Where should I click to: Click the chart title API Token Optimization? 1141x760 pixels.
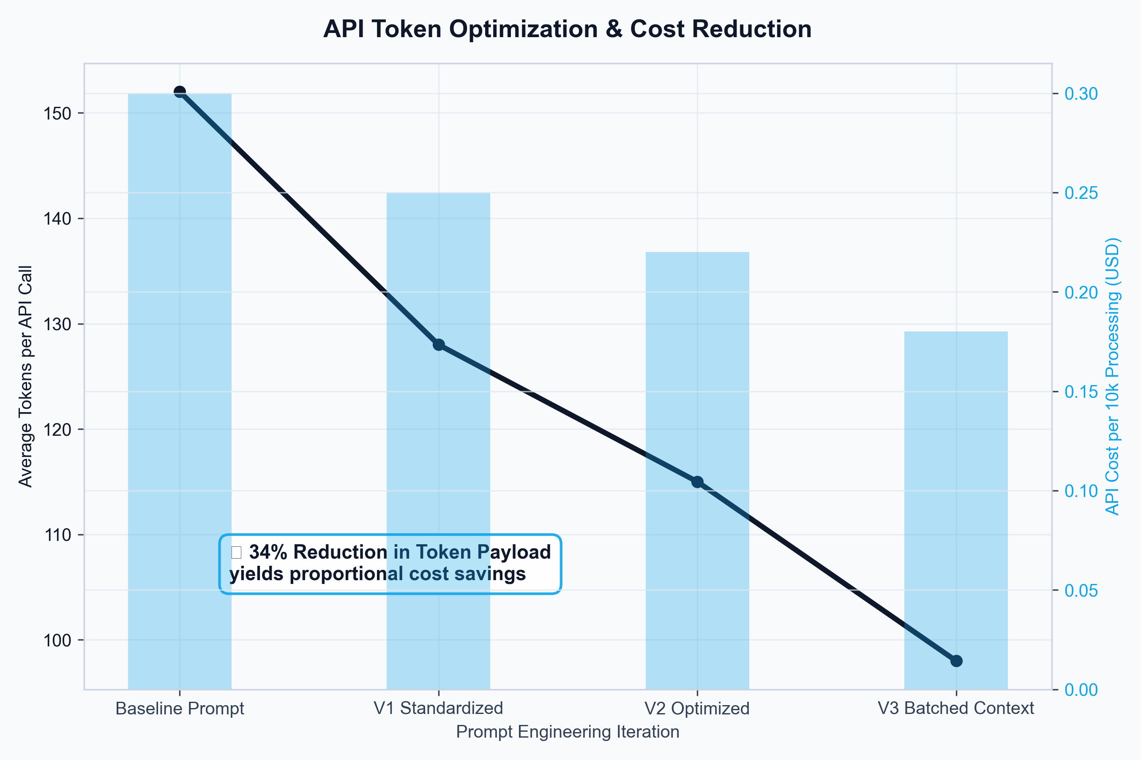point(567,29)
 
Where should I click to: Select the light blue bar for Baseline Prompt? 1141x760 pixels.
point(180,388)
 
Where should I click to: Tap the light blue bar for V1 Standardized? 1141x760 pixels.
point(438,436)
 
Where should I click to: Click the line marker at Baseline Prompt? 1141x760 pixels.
point(180,92)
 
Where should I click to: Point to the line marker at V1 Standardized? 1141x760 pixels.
point(439,345)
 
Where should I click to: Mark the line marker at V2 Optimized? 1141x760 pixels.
point(697,482)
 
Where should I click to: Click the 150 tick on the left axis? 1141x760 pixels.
point(57,114)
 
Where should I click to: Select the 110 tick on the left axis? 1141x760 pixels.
point(57,535)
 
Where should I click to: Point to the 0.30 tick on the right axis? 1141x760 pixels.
point(1081,94)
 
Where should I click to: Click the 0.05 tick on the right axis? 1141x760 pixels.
point(1081,591)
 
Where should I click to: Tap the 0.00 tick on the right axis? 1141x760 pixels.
point(1081,690)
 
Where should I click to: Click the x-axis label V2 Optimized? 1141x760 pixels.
point(697,708)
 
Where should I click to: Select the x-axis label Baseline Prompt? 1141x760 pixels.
point(180,708)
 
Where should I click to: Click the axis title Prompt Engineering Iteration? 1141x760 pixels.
point(568,732)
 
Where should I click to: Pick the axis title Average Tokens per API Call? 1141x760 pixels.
point(25,376)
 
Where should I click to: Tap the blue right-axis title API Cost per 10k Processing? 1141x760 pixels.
point(1112,376)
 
